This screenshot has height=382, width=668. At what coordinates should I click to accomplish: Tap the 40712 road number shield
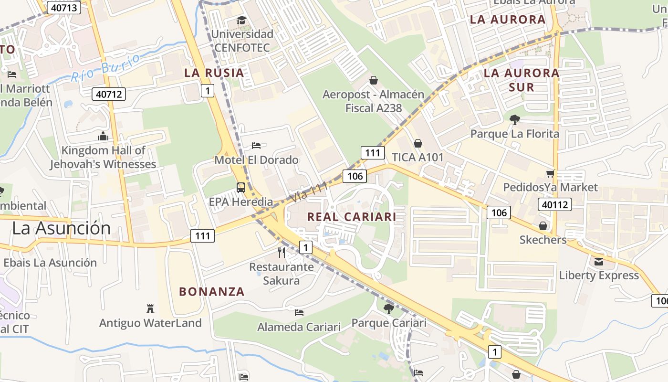point(109,94)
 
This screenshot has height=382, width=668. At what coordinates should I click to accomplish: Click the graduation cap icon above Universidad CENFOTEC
point(242,21)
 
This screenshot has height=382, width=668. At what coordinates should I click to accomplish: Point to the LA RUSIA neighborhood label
point(214,73)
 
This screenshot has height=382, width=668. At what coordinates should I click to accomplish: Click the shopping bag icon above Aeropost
point(374,80)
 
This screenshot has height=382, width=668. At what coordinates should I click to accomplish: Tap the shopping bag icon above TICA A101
point(418,143)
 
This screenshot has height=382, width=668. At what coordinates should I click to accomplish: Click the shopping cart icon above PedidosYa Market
point(551,173)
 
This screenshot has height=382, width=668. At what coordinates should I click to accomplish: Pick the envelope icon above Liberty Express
point(599,261)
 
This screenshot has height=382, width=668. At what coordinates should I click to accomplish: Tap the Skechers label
point(543,240)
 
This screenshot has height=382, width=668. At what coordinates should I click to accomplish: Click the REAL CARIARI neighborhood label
point(352,217)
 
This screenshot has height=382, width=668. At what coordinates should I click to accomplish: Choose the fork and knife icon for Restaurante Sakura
point(282,252)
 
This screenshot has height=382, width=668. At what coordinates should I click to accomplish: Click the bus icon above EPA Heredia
point(241,188)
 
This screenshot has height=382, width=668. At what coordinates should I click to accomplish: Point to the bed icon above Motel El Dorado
point(256,145)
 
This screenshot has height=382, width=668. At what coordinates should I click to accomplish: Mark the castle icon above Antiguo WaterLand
point(150,308)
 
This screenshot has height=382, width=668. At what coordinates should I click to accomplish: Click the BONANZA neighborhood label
point(212,292)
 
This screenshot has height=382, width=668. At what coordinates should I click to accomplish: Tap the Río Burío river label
point(106,67)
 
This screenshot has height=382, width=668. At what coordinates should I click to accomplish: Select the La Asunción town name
point(61,228)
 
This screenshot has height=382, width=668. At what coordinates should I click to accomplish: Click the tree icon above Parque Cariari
point(389,309)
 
